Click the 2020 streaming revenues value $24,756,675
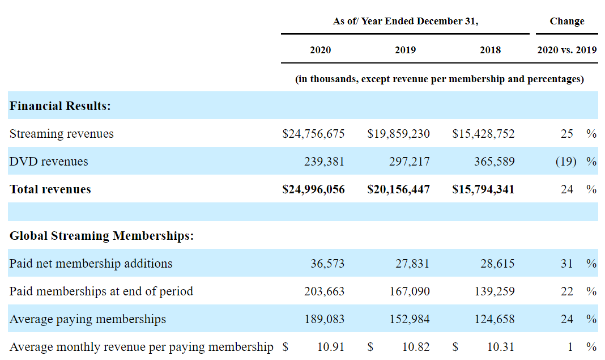tap(313, 134)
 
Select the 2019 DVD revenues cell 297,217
tap(410, 162)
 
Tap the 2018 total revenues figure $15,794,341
tap(483, 189)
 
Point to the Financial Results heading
tap(60, 106)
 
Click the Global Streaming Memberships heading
tap(101, 236)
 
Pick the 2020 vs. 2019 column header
tap(567, 50)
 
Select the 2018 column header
tap(491, 50)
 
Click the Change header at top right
tap(567, 21)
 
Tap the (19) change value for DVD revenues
tap(566, 162)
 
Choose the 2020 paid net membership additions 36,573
tap(327, 264)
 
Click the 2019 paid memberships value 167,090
tap(410, 291)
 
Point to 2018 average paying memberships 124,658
tap(495, 319)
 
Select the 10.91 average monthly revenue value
tap(331, 347)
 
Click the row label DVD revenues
tap(49, 162)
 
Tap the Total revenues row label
tap(50, 189)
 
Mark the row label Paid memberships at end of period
tap(101, 291)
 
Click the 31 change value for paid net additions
tap(567, 264)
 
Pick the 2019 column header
tap(405, 50)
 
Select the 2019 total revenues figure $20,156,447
tap(399, 189)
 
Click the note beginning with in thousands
tap(440, 79)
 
